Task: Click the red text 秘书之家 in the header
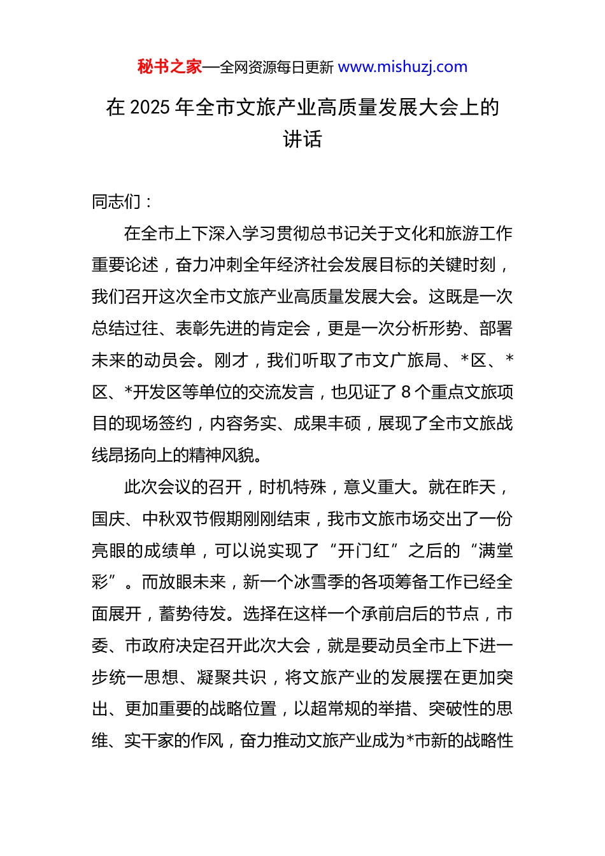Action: click(x=169, y=67)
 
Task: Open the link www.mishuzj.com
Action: click(x=402, y=67)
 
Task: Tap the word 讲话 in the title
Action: click(x=302, y=139)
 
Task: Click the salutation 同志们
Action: click(x=117, y=202)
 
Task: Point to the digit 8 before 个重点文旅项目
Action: click(x=406, y=392)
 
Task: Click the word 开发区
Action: click(x=157, y=392)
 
